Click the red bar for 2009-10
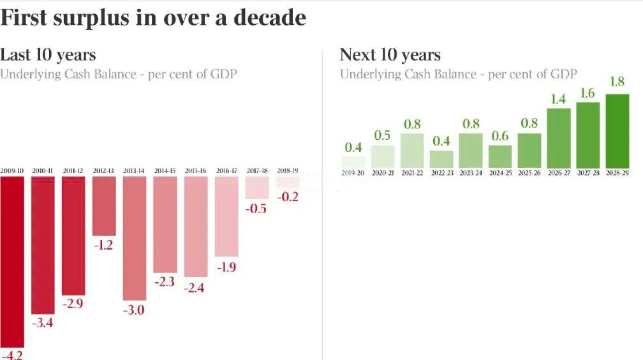tap(12, 262)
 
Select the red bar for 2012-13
tap(104, 206)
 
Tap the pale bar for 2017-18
tap(257, 188)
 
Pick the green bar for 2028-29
tap(617, 131)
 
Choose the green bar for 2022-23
tap(441, 159)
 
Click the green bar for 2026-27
tap(558, 138)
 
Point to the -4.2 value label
tap(11, 354)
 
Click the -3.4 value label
tap(42, 323)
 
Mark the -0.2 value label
tap(288, 197)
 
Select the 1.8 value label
tap(617, 83)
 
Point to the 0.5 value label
tap(383, 135)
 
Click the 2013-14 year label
tap(135, 171)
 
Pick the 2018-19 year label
tap(288, 171)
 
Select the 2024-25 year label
tap(500, 173)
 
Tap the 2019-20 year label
tap(353, 173)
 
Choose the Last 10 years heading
tap(48, 55)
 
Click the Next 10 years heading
tap(390, 55)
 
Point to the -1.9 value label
tap(226, 267)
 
